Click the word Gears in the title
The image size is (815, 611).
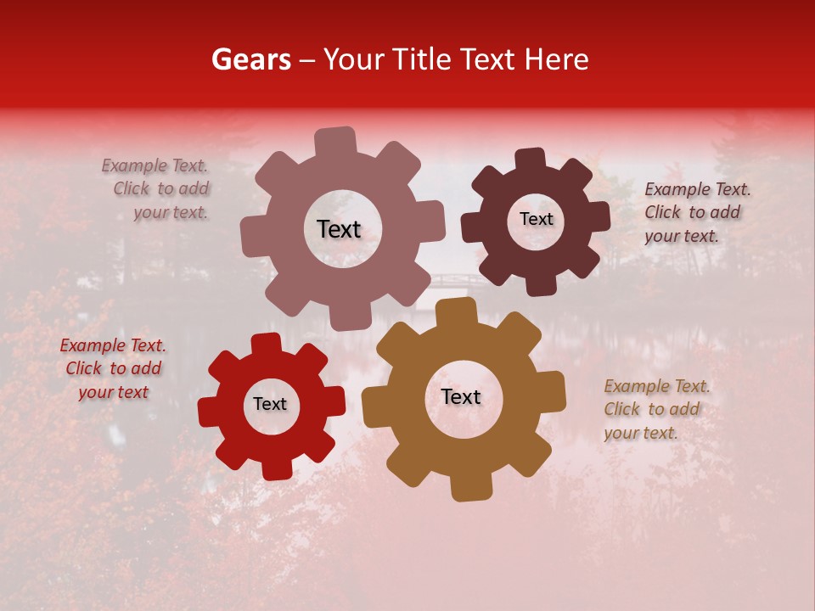(x=250, y=59)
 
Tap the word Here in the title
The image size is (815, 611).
(x=556, y=59)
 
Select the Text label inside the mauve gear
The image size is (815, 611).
(x=339, y=229)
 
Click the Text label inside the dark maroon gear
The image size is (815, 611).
(x=536, y=219)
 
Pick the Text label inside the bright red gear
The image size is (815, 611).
(x=270, y=404)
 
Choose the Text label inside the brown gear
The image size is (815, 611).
(x=461, y=397)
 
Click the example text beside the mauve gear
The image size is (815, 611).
(x=156, y=189)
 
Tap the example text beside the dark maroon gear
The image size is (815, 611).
(x=697, y=212)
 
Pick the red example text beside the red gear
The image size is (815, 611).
(x=113, y=369)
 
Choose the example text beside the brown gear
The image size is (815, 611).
(x=656, y=409)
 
